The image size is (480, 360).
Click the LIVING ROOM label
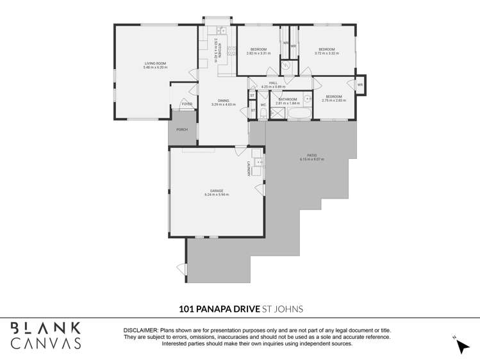point(155,63)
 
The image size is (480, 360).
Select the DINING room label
point(223,101)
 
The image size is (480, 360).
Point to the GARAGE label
point(216,191)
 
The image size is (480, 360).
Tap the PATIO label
point(311,155)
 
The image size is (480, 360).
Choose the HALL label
point(272,83)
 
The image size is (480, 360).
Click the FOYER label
point(186,104)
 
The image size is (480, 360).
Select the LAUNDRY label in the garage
point(248,168)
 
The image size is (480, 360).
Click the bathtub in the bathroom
point(298,114)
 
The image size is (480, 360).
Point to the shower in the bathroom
point(277,114)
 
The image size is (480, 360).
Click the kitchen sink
point(221,30)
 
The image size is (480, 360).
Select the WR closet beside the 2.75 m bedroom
point(360,85)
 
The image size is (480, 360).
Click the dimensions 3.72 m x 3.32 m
point(326,53)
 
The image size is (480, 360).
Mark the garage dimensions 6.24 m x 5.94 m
point(216,195)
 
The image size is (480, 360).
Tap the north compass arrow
point(462,345)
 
